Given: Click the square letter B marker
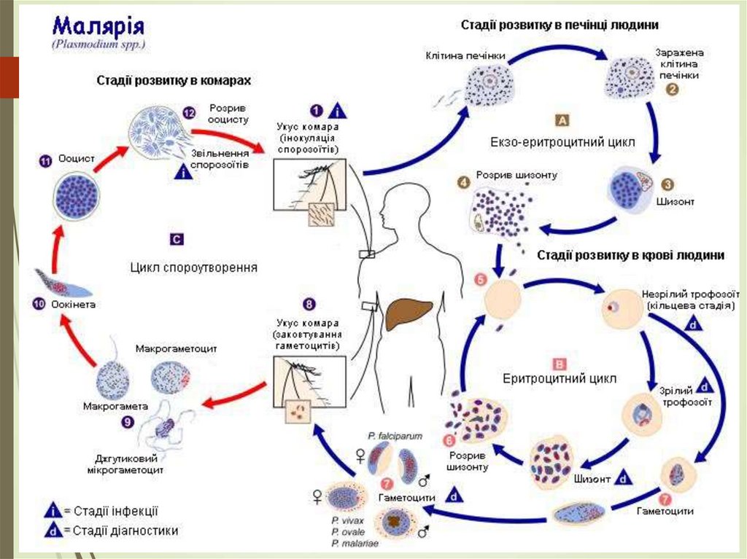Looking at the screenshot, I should (x=560, y=363).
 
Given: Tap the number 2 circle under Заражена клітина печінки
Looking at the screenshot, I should (x=672, y=90).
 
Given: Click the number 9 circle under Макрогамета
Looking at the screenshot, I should (x=128, y=421).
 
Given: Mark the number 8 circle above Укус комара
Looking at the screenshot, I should (x=310, y=304).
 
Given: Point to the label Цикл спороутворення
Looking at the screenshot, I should (x=194, y=267).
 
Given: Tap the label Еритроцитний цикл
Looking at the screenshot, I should (x=560, y=379).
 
